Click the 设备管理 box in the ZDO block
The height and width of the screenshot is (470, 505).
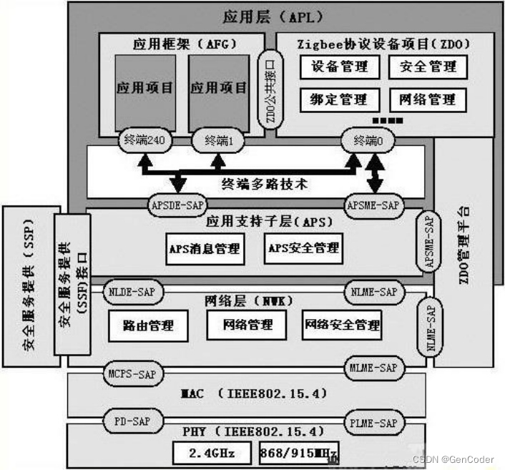click(340, 67)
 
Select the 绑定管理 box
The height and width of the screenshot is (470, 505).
click(340, 99)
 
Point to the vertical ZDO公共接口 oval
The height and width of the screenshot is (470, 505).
click(270, 89)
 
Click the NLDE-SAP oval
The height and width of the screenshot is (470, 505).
click(134, 292)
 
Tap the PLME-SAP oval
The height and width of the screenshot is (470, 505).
click(373, 424)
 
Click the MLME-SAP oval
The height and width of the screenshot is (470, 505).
click(373, 368)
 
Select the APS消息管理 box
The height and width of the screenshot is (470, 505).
click(204, 249)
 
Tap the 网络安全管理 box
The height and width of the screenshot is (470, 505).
click(342, 325)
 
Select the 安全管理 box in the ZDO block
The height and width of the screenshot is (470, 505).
click(428, 67)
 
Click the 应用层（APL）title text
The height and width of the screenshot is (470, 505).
click(263, 15)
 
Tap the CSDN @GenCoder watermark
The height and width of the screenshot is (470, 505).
click(453, 459)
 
